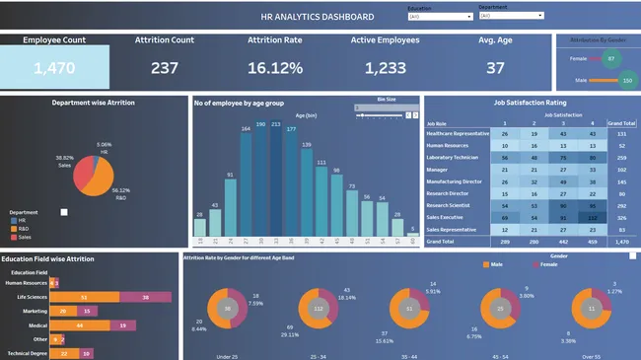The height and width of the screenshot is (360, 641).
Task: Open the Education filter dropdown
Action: pyautogui.click(x=439, y=16)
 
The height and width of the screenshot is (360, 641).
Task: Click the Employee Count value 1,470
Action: pyautogui.click(x=54, y=67)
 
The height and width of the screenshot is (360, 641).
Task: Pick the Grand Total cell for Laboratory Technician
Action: pyautogui.click(x=623, y=156)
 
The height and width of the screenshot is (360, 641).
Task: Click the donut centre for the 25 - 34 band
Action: pyautogui.click(x=319, y=308)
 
